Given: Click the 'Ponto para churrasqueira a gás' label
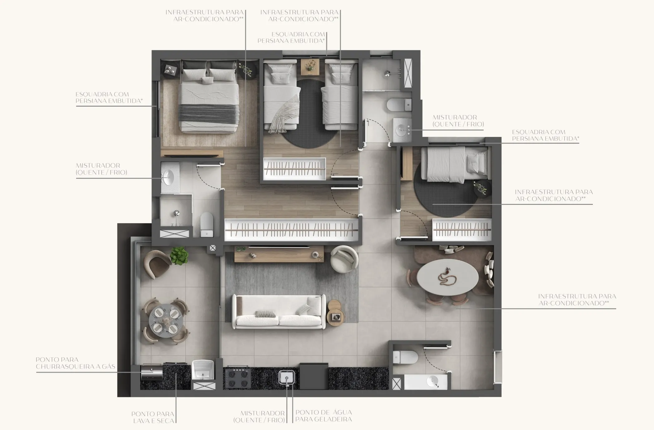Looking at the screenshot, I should coord(75,363).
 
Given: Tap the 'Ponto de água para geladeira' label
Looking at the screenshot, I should coord(323,416).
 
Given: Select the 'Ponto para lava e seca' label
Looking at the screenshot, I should coord(153,417).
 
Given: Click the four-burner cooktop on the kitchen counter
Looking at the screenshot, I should coord(238,378).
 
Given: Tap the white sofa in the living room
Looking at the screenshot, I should coord(279,312).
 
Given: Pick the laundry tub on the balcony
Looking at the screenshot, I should coord(203,370).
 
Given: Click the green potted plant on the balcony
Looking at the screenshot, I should coord(179,255).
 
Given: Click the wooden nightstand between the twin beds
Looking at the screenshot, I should coord(310,66).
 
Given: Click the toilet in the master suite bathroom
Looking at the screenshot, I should coord(207,225).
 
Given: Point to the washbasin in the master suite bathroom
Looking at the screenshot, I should coord(168,177).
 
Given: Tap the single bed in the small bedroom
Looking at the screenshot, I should coord(454,165).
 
